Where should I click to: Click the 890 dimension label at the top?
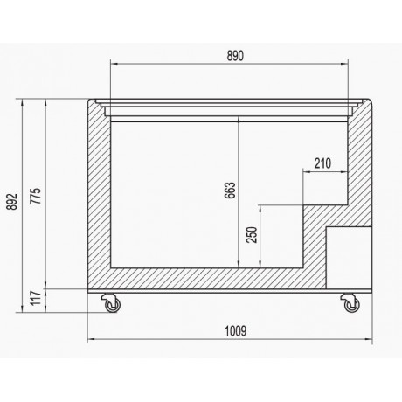tap(235, 53)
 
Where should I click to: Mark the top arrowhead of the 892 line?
tap(23, 102)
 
